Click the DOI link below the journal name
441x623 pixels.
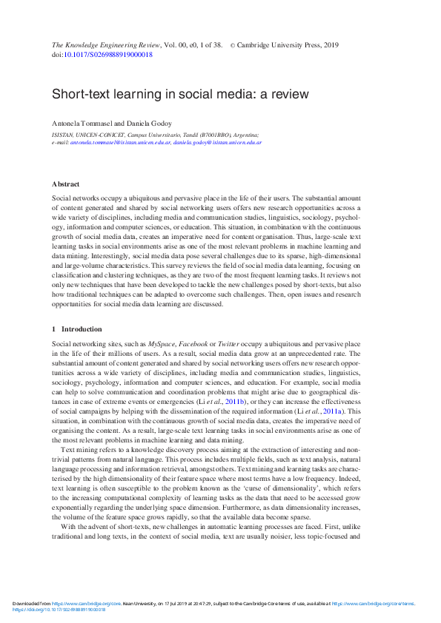pyautogui.click(x=110, y=55)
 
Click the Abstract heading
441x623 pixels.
pyautogui.click(x=65, y=183)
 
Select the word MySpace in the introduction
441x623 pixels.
pyautogui.click(x=163, y=344)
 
